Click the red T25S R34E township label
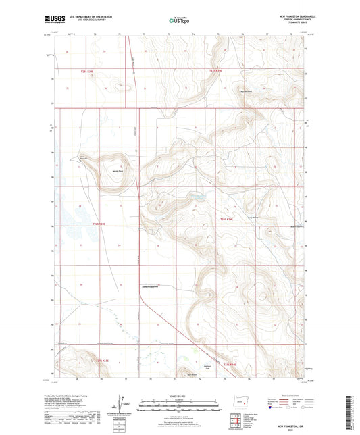pyautogui.click(x=215, y=70)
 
